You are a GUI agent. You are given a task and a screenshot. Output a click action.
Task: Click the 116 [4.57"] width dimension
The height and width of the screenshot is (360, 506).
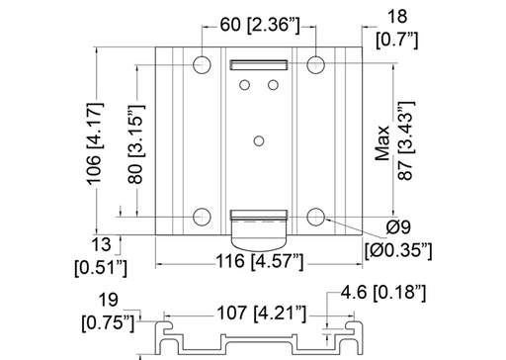tap(260, 261)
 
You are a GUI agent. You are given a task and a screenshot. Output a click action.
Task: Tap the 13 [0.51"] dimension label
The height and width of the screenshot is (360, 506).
tap(101, 255)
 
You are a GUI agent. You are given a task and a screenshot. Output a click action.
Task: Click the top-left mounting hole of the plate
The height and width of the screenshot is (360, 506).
tap(202, 65)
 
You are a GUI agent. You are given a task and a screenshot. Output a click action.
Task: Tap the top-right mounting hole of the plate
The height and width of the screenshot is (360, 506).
tap(316, 65)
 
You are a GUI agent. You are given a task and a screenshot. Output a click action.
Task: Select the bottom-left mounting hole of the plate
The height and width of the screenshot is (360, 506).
tap(202, 218)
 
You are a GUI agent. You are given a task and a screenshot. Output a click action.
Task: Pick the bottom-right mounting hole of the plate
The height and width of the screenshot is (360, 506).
tap(316, 218)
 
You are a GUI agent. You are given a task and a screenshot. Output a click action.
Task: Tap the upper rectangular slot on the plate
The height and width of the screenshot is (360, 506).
tap(259, 65)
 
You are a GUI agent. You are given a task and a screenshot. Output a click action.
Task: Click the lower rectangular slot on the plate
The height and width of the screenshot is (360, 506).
tap(259, 214)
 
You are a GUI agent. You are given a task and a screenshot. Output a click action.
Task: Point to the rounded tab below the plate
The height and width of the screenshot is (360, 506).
tap(259, 234)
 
